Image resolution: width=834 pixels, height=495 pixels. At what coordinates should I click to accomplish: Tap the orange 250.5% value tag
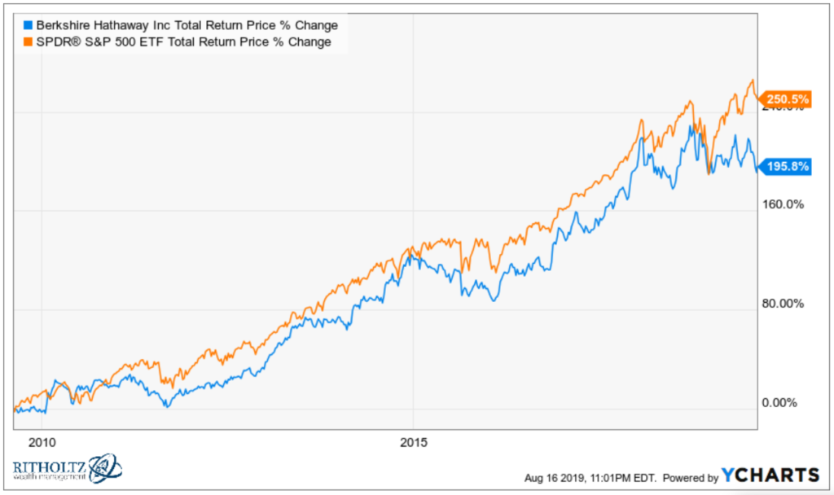[785, 100]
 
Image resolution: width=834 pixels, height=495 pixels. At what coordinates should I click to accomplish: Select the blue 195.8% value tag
[785, 167]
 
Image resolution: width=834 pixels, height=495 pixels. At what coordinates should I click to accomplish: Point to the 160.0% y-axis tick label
[782, 204]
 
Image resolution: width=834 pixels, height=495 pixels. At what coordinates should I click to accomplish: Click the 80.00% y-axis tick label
[782, 304]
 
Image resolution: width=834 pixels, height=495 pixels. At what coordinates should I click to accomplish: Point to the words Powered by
[689, 477]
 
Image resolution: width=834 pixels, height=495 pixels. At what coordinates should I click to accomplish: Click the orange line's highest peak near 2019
[751, 80]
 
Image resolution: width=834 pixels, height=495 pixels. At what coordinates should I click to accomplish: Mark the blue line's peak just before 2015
[411, 254]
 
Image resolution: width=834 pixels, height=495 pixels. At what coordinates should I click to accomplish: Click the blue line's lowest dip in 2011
[166, 405]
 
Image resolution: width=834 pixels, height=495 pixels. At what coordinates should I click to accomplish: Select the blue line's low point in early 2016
[494, 300]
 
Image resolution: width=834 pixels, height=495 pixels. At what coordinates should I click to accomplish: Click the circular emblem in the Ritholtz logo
[104, 467]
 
